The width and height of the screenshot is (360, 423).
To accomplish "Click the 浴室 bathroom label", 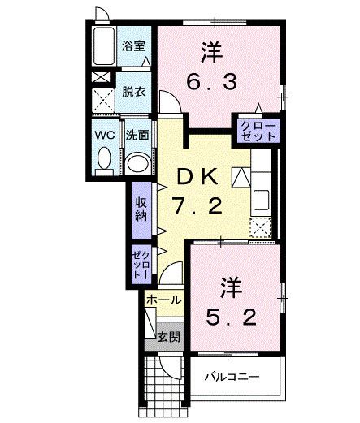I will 134,45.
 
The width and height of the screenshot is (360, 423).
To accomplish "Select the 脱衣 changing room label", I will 134,93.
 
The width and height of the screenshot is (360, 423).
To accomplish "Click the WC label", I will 103,134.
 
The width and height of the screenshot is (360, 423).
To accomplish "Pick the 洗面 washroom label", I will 137,134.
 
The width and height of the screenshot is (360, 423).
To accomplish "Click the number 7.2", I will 197,207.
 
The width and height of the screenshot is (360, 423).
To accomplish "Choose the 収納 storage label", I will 141,208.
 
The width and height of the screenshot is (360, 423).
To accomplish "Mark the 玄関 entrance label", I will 168,336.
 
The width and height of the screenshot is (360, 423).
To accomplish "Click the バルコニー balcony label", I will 231,377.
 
